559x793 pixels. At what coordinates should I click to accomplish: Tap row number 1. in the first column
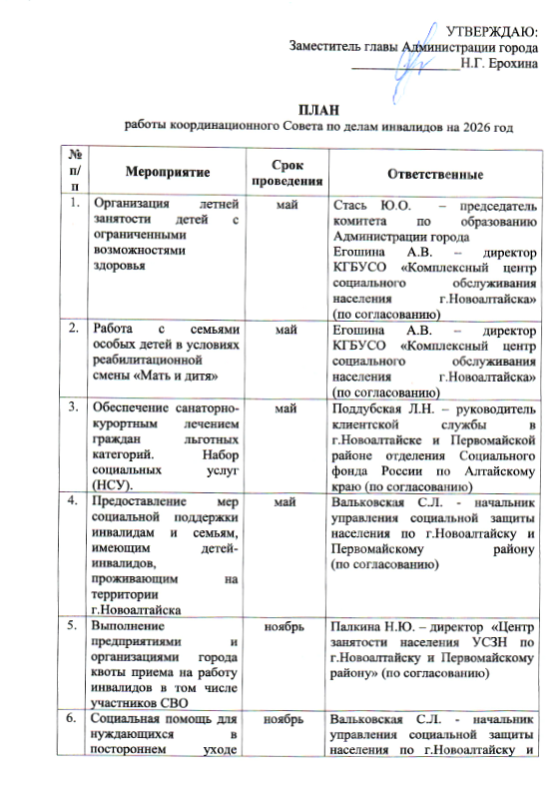(x=74, y=204)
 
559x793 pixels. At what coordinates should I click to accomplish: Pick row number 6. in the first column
(x=74, y=719)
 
